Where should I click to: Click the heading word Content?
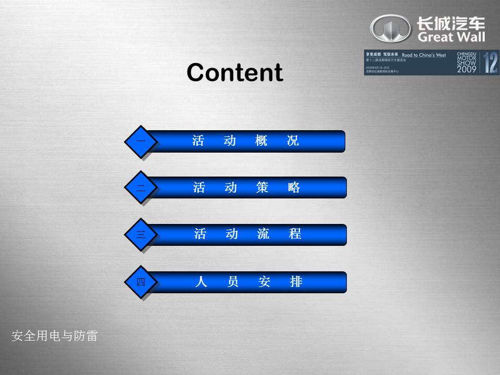point(234,72)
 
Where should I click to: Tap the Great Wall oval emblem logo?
point(390,28)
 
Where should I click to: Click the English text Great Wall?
point(451,37)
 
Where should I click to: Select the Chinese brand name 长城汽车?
point(451,22)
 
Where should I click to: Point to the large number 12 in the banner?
point(490,63)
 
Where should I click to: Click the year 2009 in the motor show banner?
point(466,69)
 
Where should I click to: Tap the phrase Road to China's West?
point(423,55)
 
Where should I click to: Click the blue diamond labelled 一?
point(140,141)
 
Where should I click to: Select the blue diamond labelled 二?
point(141,187)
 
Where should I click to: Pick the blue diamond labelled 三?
point(141,235)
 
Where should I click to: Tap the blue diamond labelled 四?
point(141,282)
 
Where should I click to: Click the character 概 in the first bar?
point(261,141)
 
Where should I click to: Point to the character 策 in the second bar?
point(262,187)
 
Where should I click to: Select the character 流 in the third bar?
point(264,234)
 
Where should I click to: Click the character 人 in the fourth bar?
point(201,282)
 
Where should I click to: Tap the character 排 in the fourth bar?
point(296,282)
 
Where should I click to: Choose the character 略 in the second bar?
point(294,187)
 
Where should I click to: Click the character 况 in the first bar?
point(293,141)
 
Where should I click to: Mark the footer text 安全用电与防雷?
point(55,336)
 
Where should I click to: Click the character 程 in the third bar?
point(295,234)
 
